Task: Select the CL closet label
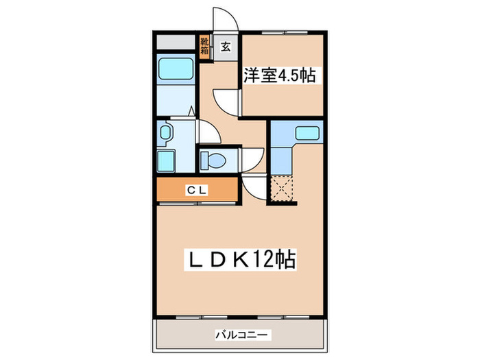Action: [196, 190]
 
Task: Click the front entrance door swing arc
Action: [224, 19]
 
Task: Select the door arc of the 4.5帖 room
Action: [226, 102]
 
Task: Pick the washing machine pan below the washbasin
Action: [167, 162]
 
